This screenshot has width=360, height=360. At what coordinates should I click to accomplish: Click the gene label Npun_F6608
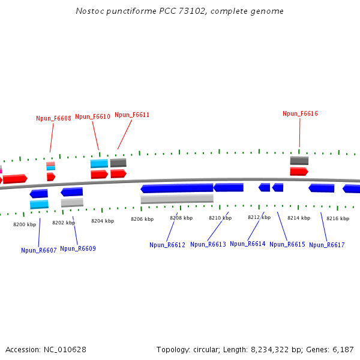pos(53,118)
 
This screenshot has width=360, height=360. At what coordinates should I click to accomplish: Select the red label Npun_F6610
pos(92,117)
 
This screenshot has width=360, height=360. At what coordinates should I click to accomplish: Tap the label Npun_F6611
pos(132,115)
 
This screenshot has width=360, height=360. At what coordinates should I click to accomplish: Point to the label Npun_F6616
pos(300,113)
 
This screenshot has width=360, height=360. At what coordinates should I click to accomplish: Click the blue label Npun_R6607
pos(38,250)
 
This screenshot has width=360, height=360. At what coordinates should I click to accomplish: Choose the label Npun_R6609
pos(78,248)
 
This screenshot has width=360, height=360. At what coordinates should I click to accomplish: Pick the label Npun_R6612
pos(167,245)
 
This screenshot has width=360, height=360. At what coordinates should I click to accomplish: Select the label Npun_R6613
pos(208,244)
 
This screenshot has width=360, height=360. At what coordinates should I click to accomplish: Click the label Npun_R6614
pos(247,244)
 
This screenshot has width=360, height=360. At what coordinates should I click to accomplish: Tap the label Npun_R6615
pos(287,244)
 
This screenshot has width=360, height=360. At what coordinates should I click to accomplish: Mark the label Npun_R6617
pos(327,245)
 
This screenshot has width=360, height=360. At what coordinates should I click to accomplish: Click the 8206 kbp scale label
pos(142,219)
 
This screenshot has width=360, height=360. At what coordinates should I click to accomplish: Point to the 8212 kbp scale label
pos(259,217)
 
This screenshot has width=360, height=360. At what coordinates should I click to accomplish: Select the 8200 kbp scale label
pos(25,224)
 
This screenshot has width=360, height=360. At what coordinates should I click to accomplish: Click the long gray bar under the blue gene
pos(177,199)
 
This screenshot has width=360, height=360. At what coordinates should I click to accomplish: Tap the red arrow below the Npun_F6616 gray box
pos(299,172)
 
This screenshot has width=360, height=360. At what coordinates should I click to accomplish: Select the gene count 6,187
pos(343,349)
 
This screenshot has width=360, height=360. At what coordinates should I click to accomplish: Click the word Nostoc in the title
pos(88,11)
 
